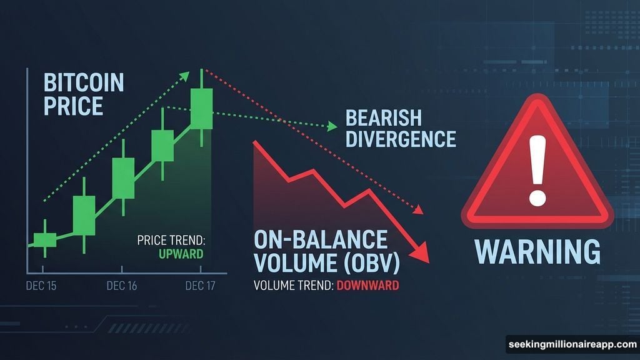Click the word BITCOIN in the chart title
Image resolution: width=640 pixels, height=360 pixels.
tap(84, 82)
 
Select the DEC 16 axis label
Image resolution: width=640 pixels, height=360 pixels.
tap(122, 286)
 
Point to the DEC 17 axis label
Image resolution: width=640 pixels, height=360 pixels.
tap(201, 286)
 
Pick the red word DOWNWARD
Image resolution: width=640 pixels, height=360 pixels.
tap(367, 286)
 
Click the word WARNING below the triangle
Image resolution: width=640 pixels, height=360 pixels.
tap(537, 251)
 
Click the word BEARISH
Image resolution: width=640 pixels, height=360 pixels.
tap(384, 117)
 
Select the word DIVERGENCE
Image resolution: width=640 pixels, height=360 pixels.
tap(401, 139)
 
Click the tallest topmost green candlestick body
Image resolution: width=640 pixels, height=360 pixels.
tap(201, 109)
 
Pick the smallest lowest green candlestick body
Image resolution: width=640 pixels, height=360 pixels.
tap(45, 240)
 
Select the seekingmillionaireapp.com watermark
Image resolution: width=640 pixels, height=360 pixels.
tap(572, 344)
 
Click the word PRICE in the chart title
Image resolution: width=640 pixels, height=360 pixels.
tap(74, 105)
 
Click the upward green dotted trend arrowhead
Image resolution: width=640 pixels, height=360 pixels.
tap(186, 76)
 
